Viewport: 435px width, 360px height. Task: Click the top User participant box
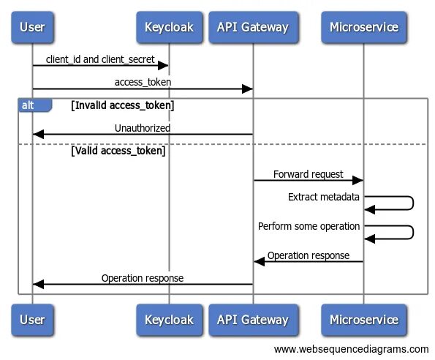coord(32,27)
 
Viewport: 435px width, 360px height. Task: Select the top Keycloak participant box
coord(169,27)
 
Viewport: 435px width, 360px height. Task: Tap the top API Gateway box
coord(253,27)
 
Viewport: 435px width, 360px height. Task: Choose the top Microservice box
coord(363,27)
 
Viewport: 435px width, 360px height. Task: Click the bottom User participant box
coord(32,320)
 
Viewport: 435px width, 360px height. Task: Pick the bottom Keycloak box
coord(169,320)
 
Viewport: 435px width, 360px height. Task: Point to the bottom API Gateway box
coord(253,320)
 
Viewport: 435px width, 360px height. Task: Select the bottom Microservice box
coord(363,320)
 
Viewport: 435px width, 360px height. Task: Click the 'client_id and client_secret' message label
coord(100,59)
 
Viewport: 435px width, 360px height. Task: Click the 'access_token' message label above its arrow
coord(143,82)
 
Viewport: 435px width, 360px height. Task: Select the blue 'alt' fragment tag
coord(35,105)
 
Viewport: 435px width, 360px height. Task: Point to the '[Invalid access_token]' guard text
coord(123,105)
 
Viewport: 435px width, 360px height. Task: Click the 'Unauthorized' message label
coord(143,128)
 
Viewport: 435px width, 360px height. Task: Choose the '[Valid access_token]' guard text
coord(118,151)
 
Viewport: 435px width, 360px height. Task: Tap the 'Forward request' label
coord(309,174)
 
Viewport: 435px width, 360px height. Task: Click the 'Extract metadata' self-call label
coord(323,197)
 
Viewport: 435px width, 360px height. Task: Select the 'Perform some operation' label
coord(309,226)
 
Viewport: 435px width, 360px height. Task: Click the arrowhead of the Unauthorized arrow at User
coord(38,135)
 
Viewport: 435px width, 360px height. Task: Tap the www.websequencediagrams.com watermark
coord(351,349)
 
